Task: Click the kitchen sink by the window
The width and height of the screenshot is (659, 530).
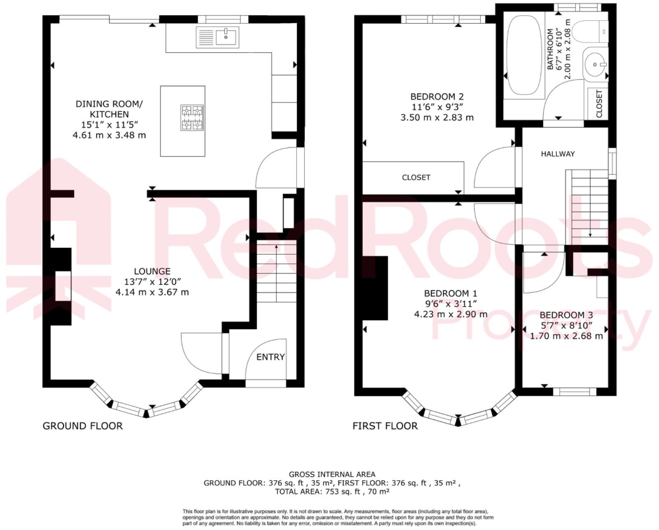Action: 217,37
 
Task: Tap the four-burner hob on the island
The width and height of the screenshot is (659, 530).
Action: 192,117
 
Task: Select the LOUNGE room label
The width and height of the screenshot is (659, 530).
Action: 152,272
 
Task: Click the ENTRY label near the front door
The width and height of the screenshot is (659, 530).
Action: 270,357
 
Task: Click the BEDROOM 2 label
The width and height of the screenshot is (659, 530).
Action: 437,97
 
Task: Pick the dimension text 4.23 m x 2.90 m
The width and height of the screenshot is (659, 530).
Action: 451,314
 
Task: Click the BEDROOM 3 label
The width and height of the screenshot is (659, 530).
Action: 566,315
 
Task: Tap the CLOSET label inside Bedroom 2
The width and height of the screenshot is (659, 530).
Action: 416,177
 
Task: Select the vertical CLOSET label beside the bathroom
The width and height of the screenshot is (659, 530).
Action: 599,104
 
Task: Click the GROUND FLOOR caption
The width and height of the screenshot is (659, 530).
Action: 83,426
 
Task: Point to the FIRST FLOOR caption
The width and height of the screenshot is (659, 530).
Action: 385,426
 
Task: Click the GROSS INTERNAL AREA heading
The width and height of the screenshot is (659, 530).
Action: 332,474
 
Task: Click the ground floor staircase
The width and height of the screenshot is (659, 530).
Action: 276,272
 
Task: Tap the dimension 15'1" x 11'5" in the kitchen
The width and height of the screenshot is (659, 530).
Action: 109,125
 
